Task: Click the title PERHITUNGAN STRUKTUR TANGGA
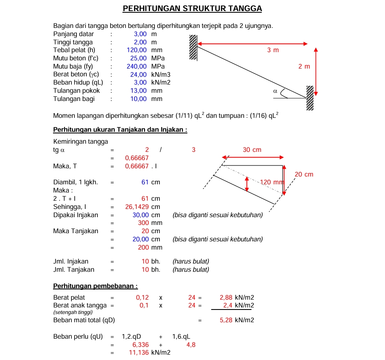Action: click(x=192, y=9)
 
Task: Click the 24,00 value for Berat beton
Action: click(x=138, y=74)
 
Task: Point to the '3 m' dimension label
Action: click(x=273, y=50)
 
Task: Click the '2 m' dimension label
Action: click(x=304, y=66)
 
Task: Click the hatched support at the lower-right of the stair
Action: click(x=310, y=98)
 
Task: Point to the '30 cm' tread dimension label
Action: click(x=252, y=150)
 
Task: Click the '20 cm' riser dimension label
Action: click(x=304, y=174)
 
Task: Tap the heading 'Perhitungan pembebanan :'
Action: click(x=95, y=286)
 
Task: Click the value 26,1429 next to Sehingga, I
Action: click(x=137, y=206)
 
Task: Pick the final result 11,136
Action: click(x=139, y=353)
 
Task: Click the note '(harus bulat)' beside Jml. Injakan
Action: click(x=191, y=261)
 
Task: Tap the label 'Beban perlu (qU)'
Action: click(x=78, y=337)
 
